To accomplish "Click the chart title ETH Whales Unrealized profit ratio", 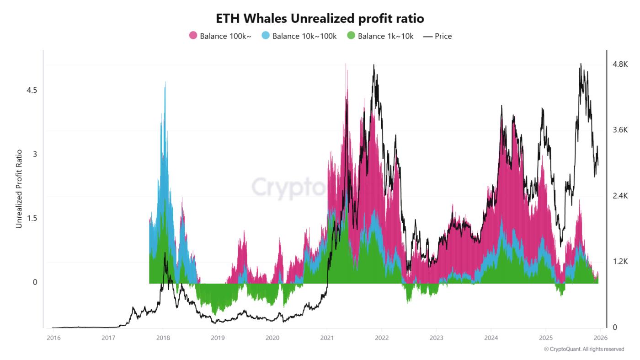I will click(x=320, y=18).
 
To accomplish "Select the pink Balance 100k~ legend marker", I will click(x=193, y=36).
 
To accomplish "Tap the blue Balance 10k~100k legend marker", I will click(x=266, y=36).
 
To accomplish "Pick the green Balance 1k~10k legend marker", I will click(x=351, y=36).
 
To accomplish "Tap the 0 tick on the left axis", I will click(x=34, y=282).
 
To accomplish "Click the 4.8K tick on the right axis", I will click(x=620, y=64).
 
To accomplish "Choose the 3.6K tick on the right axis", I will click(x=620, y=130).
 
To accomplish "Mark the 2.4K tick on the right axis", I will click(x=620, y=196).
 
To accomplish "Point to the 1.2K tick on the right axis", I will click(x=620, y=262).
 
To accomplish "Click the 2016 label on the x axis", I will click(x=53, y=338).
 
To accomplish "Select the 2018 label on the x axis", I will click(x=163, y=338).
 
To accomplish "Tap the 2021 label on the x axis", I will click(x=327, y=338).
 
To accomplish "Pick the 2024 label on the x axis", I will click(x=491, y=338).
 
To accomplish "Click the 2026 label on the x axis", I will click(x=600, y=338).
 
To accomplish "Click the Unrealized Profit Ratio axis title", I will click(x=19, y=188).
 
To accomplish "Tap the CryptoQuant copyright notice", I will click(x=584, y=349).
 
